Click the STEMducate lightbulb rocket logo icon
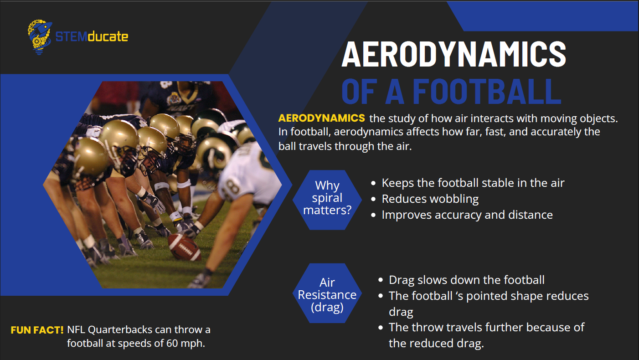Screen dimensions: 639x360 (x=40, y=37)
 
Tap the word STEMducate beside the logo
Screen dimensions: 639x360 (x=92, y=37)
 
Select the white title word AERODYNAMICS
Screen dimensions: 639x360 (x=453, y=54)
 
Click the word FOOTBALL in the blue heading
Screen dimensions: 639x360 (x=487, y=91)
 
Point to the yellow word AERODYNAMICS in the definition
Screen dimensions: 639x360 (x=321, y=118)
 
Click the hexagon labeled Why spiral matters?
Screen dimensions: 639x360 (x=327, y=200)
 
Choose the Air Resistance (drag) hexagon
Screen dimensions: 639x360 (x=327, y=293)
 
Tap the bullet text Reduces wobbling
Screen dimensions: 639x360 (x=430, y=199)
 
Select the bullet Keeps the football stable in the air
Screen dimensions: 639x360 (x=473, y=183)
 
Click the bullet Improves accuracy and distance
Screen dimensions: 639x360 (x=467, y=215)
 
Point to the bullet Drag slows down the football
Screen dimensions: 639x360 (x=467, y=280)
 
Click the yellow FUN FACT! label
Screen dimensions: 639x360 (x=37, y=330)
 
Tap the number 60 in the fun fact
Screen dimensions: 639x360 (x=172, y=343)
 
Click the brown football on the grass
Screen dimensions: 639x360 (x=184, y=247)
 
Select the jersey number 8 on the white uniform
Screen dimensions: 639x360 (x=230, y=188)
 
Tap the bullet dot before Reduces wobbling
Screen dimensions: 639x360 (x=373, y=199)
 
